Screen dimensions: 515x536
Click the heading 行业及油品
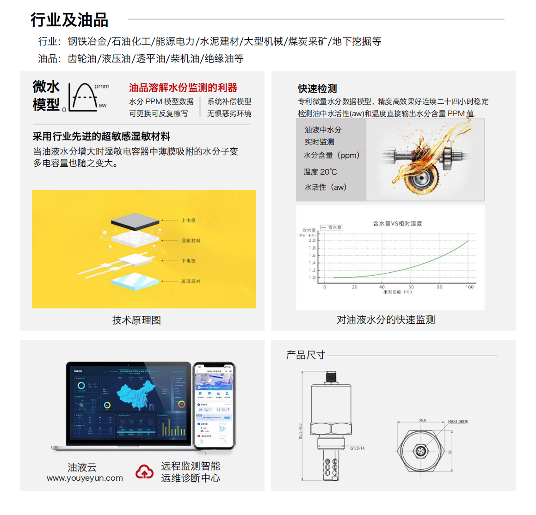click(x=69, y=20)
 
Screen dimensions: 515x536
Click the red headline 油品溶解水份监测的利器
click(x=183, y=88)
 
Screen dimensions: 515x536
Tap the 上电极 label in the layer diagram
click(x=188, y=220)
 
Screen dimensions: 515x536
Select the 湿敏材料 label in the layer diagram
click(x=191, y=241)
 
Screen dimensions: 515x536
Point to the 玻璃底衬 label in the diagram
click(x=191, y=282)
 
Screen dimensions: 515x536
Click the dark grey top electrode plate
click(x=135, y=221)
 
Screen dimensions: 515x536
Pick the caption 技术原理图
click(x=136, y=320)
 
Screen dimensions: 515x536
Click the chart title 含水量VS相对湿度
click(x=397, y=224)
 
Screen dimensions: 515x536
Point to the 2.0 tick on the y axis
click(x=312, y=240)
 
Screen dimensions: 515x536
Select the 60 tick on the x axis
click(x=411, y=287)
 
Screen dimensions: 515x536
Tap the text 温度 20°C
click(x=320, y=172)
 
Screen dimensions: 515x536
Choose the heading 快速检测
click(x=317, y=88)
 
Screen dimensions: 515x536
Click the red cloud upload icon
click(x=144, y=472)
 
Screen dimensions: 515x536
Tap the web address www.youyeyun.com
click(x=85, y=478)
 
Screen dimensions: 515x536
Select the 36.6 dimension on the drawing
click(x=422, y=420)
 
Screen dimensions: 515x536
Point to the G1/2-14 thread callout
click(x=357, y=448)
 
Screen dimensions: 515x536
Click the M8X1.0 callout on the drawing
click(x=458, y=421)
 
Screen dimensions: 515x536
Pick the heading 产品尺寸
click(x=305, y=355)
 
